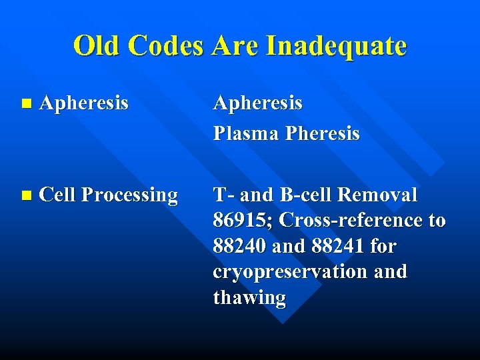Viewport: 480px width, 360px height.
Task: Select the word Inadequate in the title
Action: (x=336, y=45)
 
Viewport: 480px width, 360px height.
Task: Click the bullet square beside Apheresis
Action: (x=26, y=103)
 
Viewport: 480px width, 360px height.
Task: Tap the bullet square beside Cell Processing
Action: (x=26, y=195)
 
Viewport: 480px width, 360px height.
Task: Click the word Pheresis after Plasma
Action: (x=322, y=133)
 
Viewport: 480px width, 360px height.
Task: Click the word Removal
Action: (x=379, y=195)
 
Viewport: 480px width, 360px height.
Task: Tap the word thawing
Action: (x=249, y=298)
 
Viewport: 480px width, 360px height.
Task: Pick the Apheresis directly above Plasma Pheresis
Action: (x=257, y=103)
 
